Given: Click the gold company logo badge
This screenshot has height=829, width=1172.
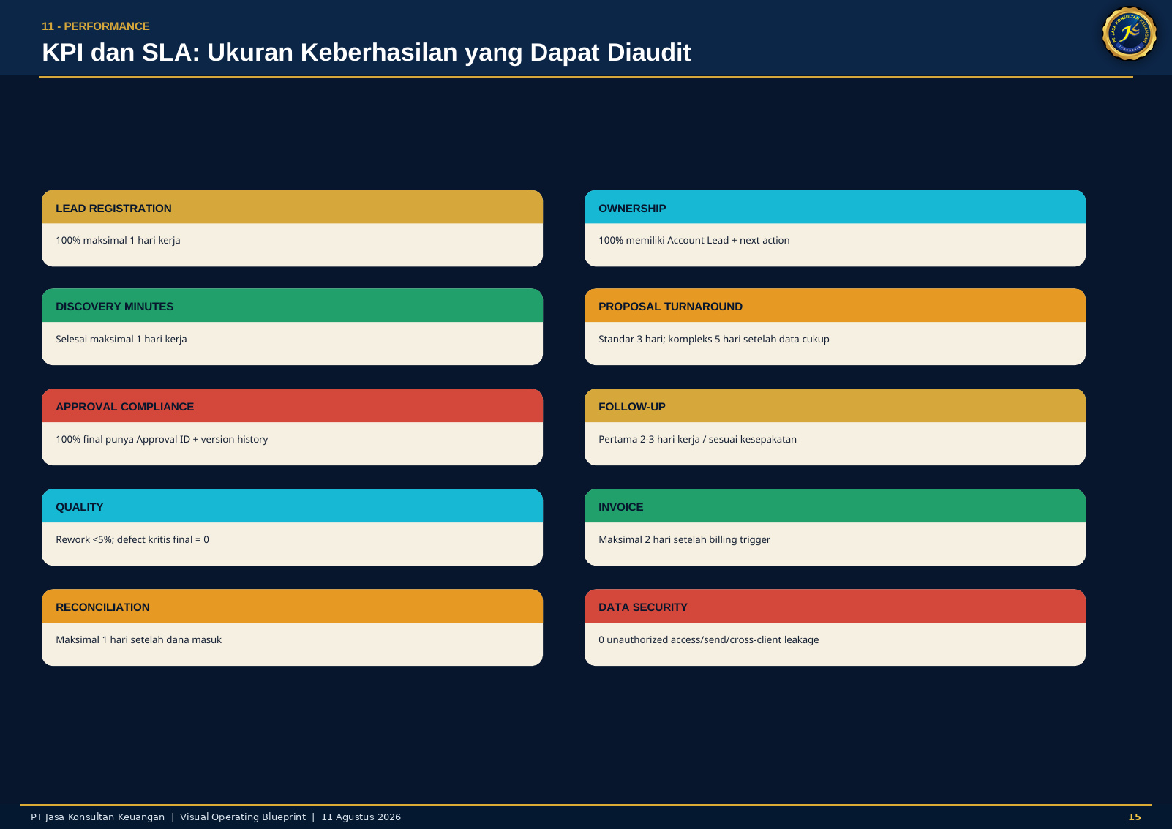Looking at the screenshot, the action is coord(1129,34).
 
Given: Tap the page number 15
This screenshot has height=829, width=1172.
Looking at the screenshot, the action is coord(1135,817).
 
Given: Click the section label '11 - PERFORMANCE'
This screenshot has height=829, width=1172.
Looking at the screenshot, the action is coord(96,26).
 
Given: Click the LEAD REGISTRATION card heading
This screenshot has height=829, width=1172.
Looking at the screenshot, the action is coord(113,209).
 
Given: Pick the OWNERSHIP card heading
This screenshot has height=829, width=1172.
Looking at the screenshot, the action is coord(632,209).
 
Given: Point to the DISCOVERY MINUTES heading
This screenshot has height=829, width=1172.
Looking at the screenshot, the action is coord(115,307).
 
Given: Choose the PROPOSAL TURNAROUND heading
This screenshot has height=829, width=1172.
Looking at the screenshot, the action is coord(670,307).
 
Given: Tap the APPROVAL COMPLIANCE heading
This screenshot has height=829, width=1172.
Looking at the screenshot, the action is coord(124,407).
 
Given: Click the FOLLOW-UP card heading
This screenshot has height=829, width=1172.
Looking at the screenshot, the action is coord(631,407).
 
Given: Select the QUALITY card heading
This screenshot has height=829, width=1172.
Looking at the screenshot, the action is coord(80,507).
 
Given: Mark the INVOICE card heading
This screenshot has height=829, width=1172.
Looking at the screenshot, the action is coord(620,507).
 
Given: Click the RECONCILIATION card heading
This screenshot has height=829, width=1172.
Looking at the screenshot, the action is coord(102,607).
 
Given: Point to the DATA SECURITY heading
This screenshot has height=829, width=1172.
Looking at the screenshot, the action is coord(642,607).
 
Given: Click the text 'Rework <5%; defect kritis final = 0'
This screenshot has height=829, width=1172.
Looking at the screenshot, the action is coord(132,539).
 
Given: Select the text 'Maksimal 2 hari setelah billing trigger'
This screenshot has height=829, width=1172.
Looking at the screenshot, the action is coord(684,539).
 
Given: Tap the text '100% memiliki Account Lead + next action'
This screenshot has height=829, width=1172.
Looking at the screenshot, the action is coord(694,240).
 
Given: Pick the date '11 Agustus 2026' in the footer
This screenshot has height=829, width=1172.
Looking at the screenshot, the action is coord(361,817).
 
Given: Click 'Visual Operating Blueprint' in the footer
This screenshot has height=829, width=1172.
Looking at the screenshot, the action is coord(243,817).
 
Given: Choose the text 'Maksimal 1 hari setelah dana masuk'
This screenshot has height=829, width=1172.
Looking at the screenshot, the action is coord(139,639).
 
